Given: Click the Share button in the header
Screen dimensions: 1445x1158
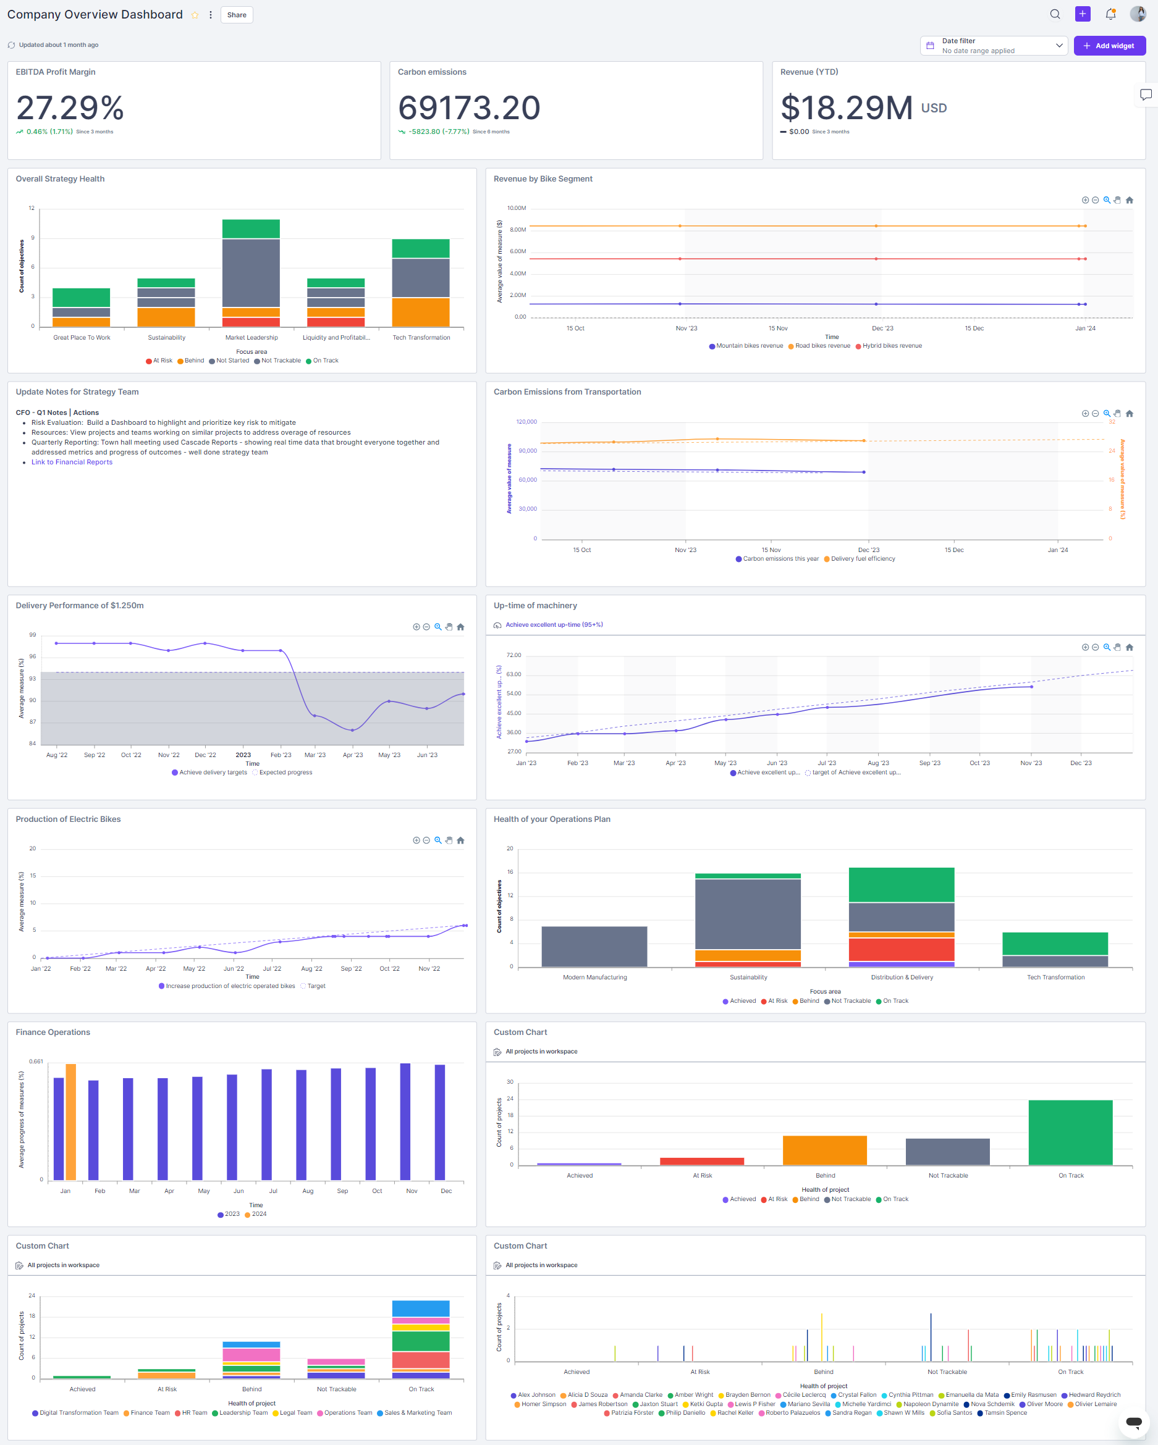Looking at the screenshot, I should (236, 15).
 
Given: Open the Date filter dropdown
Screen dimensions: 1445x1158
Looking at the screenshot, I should (993, 46).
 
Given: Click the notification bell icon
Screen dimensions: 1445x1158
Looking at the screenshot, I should (1110, 14).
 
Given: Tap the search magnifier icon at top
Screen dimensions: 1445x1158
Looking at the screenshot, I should (1055, 14).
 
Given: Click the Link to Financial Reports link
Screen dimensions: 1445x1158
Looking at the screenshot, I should (72, 462).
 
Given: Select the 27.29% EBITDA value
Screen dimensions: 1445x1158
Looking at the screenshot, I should (70, 107).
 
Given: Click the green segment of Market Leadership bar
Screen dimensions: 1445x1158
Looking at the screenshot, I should (251, 228).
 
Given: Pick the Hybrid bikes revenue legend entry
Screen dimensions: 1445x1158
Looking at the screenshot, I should (891, 346).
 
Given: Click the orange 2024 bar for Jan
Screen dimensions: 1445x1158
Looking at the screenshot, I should (71, 1121).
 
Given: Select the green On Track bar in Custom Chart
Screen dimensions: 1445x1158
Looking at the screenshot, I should (1070, 1132).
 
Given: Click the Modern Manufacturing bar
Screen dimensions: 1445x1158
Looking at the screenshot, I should (594, 947).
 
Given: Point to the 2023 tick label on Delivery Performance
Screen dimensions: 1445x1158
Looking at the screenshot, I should (243, 755).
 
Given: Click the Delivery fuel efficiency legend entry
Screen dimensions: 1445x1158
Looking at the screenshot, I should (862, 558).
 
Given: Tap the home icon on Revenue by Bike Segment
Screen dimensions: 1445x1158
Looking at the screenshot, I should (1129, 199).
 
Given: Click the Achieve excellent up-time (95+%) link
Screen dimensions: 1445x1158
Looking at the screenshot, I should (554, 625).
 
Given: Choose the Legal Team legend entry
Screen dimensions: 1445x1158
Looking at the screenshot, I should (295, 1412).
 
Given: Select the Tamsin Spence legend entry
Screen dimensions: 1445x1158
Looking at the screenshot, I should (1005, 1412).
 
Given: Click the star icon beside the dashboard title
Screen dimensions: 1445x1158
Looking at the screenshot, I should (195, 15).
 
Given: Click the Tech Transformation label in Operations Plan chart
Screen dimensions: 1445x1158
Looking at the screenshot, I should (1055, 977).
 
